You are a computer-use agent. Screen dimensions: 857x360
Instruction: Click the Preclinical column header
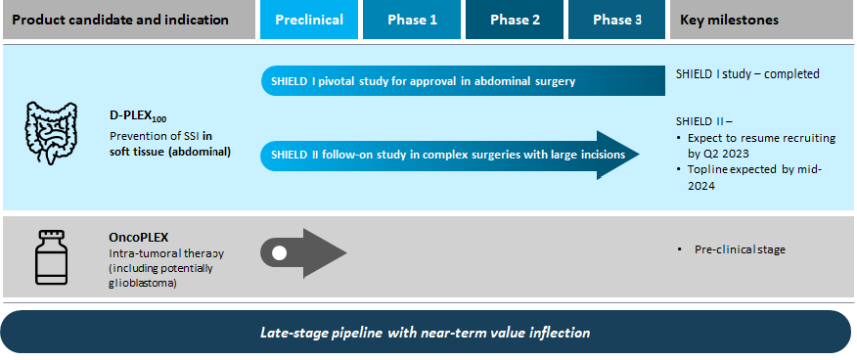[309, 21]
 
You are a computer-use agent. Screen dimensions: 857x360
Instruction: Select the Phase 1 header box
[412, 21]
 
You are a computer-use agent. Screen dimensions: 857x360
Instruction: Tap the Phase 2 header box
[515, 21]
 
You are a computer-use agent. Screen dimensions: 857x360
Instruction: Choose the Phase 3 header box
[617, 21]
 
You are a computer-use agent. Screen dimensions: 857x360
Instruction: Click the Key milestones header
[763, 21]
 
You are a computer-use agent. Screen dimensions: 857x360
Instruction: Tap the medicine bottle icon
[52, 256]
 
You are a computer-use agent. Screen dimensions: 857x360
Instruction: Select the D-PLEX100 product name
[138, 116]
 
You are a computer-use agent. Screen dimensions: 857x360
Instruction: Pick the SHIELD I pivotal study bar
[463, 81]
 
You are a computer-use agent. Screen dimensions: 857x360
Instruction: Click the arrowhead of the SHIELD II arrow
[618, 156]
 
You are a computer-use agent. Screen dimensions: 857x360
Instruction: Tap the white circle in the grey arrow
[279, 253]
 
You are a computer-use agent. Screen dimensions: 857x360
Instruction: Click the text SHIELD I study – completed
[747, 73]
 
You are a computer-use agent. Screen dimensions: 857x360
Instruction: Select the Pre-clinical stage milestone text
[740, 249]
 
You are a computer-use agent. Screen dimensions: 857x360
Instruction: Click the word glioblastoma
[143, 284]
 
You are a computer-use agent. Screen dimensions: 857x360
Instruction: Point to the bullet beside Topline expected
[679, 170]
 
